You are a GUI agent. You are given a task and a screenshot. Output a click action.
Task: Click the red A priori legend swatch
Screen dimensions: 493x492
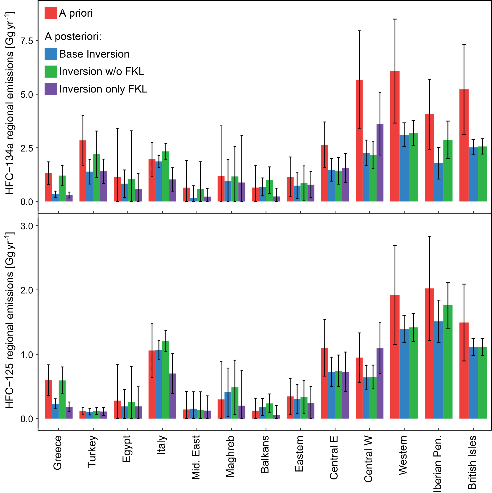(x=50, y=13)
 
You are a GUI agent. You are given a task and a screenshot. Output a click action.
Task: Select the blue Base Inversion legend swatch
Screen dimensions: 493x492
(x=50, y=54)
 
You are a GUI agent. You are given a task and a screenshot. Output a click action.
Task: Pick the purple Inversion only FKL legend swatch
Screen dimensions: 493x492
(x=50, y=89)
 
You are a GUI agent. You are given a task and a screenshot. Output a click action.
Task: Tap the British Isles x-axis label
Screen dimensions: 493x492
(x=472, y=462)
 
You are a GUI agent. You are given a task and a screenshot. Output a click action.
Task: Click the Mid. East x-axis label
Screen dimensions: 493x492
(x=196, y=458)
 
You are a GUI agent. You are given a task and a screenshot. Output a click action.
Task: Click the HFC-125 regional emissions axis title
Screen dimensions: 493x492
(x=10, y=320)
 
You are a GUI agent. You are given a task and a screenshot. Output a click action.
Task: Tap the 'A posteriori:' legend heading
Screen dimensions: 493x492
(x=73, y=37)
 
